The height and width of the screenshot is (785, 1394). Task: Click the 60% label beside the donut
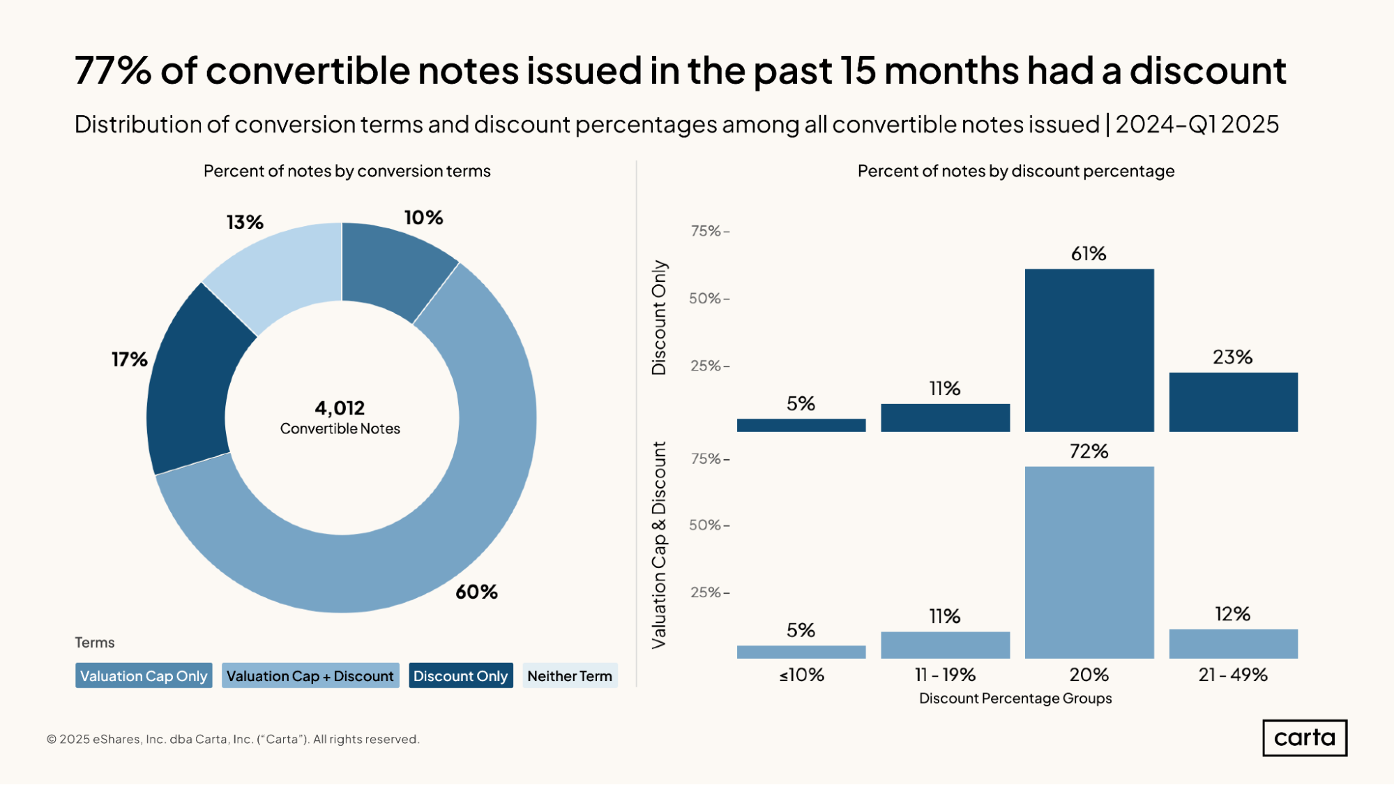476,592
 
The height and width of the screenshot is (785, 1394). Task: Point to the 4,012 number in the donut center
340,408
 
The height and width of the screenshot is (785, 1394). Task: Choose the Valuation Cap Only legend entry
144,675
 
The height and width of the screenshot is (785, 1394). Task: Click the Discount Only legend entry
460,675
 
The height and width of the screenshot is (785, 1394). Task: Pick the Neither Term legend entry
570,675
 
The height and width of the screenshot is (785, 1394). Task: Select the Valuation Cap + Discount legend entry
310,675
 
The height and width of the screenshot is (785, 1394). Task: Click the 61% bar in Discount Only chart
1089,350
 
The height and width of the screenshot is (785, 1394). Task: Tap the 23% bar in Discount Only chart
1233,402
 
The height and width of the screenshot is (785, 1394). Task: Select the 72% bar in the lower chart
1089,562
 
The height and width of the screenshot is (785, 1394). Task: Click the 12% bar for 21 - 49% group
1233,644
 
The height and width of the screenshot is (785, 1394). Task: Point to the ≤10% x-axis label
801,675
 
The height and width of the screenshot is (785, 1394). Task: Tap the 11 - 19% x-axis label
945,675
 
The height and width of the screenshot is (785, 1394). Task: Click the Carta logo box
1305,738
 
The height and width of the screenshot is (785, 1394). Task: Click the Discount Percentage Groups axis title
1015,698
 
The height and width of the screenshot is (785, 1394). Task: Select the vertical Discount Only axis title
659,317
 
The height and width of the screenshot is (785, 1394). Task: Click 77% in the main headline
113,70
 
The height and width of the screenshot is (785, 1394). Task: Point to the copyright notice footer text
233,739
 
